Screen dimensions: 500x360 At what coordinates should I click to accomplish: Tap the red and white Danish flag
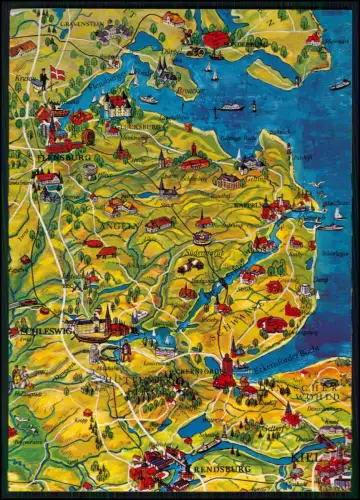click(x=56, y=75)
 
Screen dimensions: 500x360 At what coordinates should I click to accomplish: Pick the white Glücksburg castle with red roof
click(x=119, y=104)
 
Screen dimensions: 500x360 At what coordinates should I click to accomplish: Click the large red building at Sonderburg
click(x=215, y=40)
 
